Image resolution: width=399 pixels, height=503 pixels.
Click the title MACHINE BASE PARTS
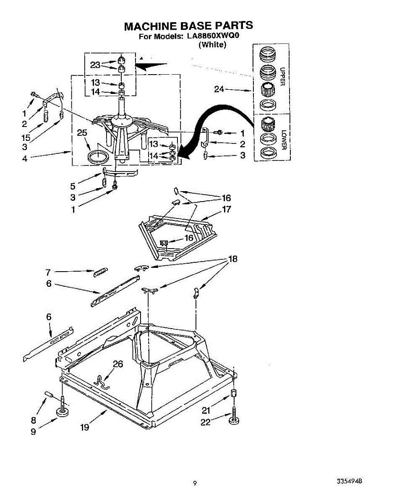tap(188, 26)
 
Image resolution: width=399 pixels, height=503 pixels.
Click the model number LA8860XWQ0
tap(213, 36)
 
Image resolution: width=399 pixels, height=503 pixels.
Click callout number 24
tap(219, 89)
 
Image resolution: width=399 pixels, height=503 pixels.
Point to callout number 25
tap(82, 133)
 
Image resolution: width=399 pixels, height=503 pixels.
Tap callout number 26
tap(118, 364)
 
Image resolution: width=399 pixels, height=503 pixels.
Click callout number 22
tap(205, 423)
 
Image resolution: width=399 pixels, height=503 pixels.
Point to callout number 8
tap(33, 420)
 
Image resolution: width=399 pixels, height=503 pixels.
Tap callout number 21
tap(206, 410)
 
